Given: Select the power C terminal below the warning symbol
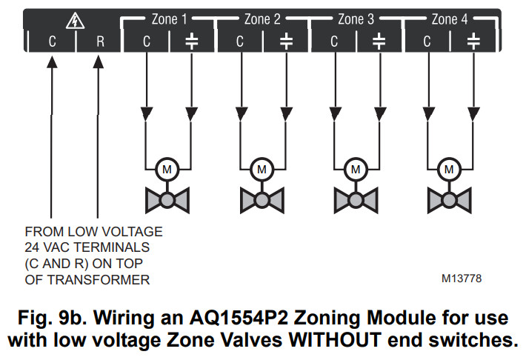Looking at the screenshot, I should pyautogui.click(x=52, y=41).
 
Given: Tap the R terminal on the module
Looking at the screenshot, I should pyautogui.click(x=100, y=41).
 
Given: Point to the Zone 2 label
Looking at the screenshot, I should pyautogui.click(x=262, y=19).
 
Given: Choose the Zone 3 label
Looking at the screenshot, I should pyautogui.click(x=356, y=19).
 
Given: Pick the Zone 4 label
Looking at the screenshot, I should pyautogui.click(x=450, y=19).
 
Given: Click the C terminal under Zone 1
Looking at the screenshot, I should pyautogui.click(x=146, y=41).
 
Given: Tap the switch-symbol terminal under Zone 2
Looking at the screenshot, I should pyautogui.click(x=285, y=41).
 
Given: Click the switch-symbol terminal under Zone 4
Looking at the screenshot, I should pyautogui.click(x=472, y=41).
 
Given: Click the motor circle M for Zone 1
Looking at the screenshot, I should pyautogui.click(x=168, y=169).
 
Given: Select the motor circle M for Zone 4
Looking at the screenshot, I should pyautogui.click(x=448, y=169).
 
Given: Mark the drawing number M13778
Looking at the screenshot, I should pyautogui.click(x=461, y=279).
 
